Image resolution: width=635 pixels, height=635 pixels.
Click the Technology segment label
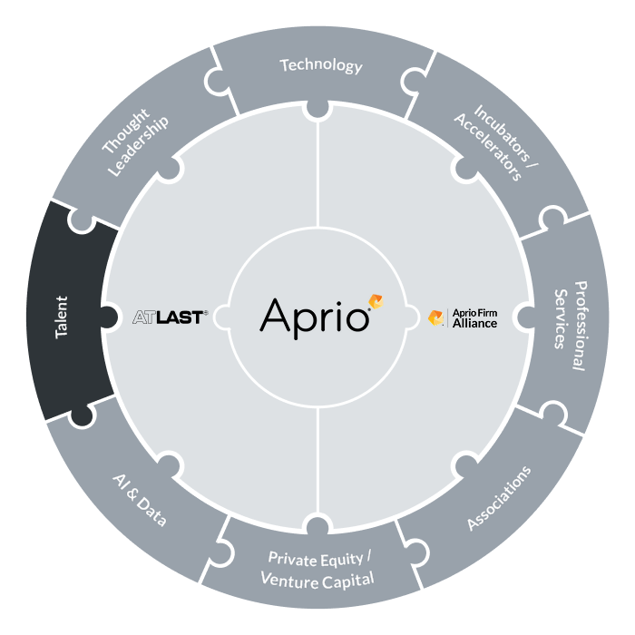[x=321, y=65]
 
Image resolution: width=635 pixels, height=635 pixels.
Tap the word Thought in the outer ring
[x=125, y=131]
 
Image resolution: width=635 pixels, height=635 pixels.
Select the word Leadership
[x=139, y=146]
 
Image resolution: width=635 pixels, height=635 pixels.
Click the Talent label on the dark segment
[x=62, y=317]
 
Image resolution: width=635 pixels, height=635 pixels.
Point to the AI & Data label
[x=139, y=501]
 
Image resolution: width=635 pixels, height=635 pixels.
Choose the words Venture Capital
[x=317, y=581]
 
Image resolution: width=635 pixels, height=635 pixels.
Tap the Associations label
[x=499, y=498]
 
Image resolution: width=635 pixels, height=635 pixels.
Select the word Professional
[x=580, y=326]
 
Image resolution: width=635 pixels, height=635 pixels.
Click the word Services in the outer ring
[x=560, y=318]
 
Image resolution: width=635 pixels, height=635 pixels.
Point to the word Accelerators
[x=488, y=147]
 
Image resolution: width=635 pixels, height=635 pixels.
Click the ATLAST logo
[x=171, y=317]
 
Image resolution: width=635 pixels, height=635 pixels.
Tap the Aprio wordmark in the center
[x=314, y=318]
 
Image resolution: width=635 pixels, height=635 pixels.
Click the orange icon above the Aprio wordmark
[x=376, y=302]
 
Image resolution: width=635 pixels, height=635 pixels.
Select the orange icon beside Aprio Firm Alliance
[x=435, y=317]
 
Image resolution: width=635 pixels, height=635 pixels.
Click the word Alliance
[x=474, y=324]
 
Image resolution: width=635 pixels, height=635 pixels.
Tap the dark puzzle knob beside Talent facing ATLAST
[x=109, y=317]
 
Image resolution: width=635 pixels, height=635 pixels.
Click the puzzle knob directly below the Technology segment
[x=317, y=111]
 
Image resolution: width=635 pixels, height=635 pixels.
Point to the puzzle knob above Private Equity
[x=317, y=523]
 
